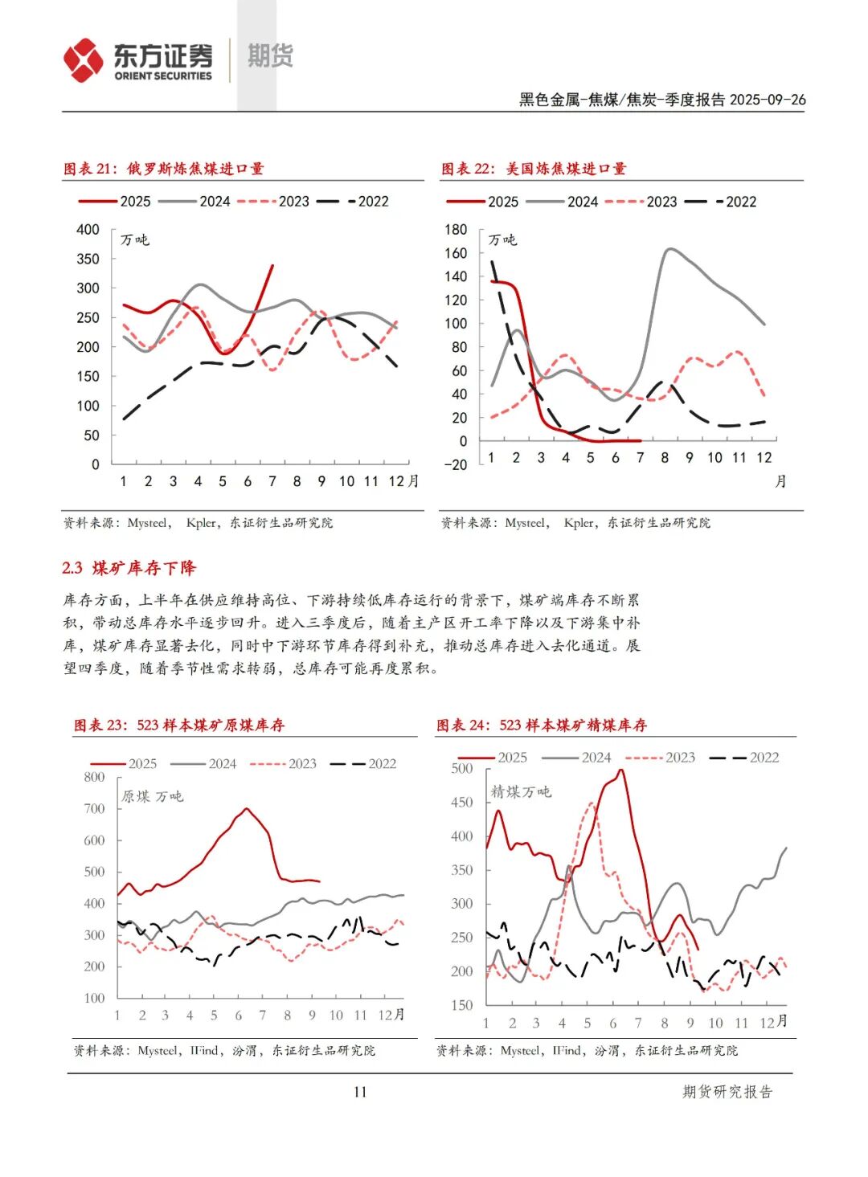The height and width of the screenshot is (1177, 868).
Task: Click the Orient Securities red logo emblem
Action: coord(84,60)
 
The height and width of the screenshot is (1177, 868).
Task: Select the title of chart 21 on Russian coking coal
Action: coord(164,169)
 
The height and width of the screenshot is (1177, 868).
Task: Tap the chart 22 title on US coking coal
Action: coord(534,169)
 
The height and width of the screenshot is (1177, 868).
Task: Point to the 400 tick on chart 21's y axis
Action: coord(88,230)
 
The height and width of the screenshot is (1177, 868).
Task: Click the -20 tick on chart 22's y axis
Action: coord(455,464)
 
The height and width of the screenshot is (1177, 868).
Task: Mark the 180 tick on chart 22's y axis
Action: coord(456,230)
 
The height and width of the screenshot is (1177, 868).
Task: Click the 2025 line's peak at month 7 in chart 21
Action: coord(272,265)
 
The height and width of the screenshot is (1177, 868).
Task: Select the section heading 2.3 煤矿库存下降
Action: coord(129,568)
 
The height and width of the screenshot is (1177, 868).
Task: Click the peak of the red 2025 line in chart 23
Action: coord(246,809)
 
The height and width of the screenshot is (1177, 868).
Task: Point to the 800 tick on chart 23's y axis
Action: coord(94,777)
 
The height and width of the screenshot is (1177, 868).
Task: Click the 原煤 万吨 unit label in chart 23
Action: coord(152,796)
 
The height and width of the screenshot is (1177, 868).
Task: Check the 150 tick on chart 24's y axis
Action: coord(462,1005)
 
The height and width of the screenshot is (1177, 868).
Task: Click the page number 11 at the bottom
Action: coord(359,1091)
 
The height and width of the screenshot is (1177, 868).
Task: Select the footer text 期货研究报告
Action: coord(727,1092)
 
